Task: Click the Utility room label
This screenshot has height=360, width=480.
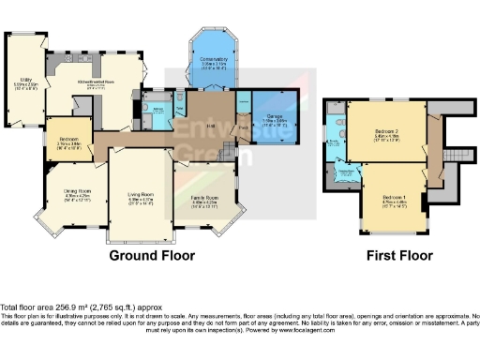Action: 24,82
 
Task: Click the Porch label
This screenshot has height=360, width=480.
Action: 242,127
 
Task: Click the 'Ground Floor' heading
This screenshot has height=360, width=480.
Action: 152,255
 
